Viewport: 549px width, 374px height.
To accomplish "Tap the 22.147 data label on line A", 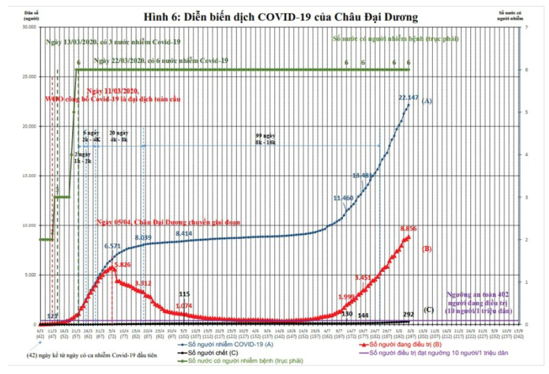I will click(x=408, y=98).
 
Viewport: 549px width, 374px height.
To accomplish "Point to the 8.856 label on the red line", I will click(x=410, y=228).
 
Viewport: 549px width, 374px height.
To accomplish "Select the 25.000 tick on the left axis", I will click(x=28, y=76).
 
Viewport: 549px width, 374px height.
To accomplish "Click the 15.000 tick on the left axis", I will click(x=28, y=175).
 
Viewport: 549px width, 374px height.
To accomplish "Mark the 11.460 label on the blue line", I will click(x=344, y=197).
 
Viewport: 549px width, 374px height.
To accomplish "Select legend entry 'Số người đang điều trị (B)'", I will click(x=403, y=344).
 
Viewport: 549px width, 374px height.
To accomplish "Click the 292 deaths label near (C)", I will click(x=408, y=315).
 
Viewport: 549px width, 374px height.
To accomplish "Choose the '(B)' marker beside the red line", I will click(x=427, y=248).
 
